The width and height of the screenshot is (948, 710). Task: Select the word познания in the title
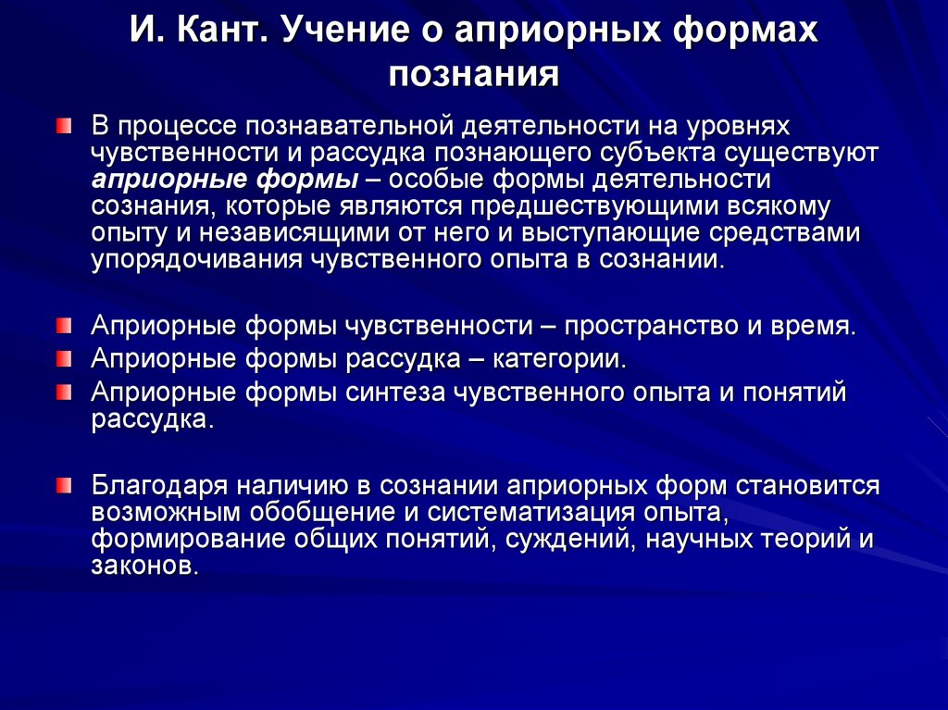474,73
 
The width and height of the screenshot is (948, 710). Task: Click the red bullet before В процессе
61,125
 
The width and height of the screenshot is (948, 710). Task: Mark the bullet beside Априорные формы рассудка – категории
61,358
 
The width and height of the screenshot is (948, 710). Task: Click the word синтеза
396,392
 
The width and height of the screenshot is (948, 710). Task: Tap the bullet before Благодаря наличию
61,486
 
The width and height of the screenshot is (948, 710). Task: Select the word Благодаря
156,486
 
